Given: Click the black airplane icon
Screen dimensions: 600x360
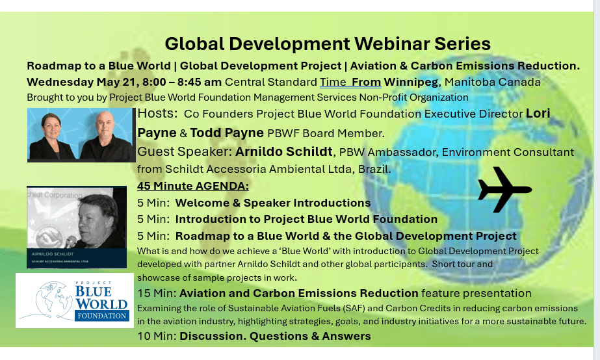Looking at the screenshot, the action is (x=504, y=189).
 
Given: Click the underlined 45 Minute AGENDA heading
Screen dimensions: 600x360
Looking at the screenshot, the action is (x=193, y=186).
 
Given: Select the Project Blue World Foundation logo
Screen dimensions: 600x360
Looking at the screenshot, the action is (x=75, y=300).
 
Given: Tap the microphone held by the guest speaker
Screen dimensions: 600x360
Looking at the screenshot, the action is (x=70, y=242).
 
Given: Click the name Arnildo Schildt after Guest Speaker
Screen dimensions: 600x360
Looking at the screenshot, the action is (x=283, y=151).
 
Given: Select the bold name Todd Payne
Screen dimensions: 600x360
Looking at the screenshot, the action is (x=227, y=133).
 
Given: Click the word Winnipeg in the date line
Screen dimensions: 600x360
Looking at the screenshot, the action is (x=411, y=82).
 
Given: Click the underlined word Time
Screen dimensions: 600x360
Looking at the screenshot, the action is (x=333, y=82).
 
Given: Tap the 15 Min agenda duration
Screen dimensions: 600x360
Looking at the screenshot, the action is (x=157, y=294).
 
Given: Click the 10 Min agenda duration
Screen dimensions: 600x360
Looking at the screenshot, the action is (x=157, y=336).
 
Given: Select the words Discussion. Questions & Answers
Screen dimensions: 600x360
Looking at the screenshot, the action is (x=275, y=336).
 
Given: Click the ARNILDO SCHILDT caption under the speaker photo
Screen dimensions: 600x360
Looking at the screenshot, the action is (x=53, y=254).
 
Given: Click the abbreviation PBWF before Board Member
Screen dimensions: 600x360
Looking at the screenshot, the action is (x=283, y=133).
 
